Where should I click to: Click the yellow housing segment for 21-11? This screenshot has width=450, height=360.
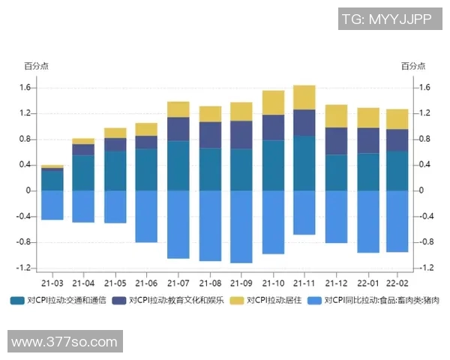tap(304, 97)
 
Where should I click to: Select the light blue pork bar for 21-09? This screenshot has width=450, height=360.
tap(241, 226)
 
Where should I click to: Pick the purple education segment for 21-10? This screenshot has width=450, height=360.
tap(273, 127)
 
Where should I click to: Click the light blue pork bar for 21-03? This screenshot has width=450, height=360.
tap(52, 205)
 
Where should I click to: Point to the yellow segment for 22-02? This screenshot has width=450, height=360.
tap(397, 119)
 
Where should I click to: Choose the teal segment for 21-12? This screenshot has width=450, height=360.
tap(335, 172)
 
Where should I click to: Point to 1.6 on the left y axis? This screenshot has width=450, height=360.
tap(25, 88)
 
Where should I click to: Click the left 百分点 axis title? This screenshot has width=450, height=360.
tap(35, 66)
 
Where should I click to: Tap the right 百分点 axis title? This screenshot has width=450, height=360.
tap(413, 66)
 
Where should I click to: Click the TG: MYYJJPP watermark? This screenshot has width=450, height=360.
tap(386, 19)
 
